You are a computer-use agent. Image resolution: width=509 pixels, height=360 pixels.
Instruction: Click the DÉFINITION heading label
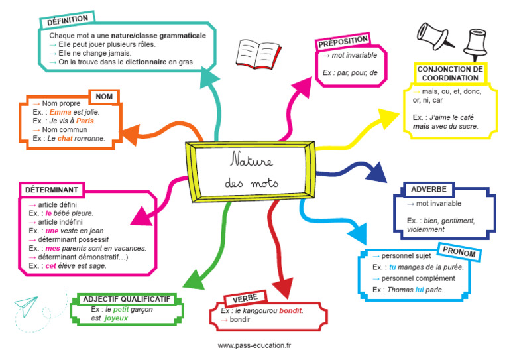(x=69, y=20)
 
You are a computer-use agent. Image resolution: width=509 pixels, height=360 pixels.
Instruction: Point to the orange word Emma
(x=60, y=113)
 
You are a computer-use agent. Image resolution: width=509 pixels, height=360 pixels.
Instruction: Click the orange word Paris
(x=85, y=121)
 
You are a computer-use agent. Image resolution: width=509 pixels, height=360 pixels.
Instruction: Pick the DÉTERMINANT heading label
(x=52, y=190)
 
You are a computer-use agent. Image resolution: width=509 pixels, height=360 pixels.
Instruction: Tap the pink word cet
(x=51, y=266)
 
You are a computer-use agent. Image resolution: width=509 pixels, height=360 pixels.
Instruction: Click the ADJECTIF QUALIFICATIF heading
(x=129, y=299)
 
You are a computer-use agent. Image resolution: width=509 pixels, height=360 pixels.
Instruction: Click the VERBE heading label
(x=245, y=298)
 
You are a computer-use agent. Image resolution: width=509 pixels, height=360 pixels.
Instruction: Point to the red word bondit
(x=290, y=310)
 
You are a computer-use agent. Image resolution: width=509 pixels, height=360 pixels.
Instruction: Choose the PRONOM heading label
(x=458, y=251)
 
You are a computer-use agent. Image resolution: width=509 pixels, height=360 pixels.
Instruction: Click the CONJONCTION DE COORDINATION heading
(x=449, y=73)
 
